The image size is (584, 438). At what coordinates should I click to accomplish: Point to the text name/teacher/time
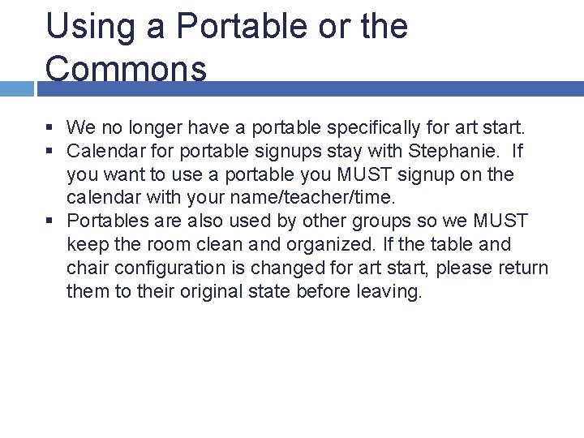(x=312, y=198)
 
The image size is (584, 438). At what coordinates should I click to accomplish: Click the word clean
(x=206, y=244)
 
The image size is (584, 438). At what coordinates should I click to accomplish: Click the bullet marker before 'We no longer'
(x=50, y=127)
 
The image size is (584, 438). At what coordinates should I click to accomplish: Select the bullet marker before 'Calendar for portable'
(x=50, y=151)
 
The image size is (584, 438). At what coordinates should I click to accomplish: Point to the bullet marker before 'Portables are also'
(x=50, y=221)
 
